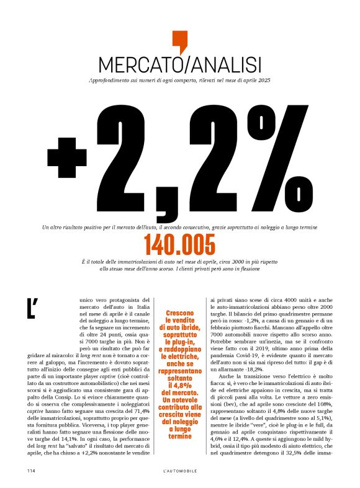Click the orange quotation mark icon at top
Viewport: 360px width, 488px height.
[x=179, y=41]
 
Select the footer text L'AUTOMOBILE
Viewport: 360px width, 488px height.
[x=179, y=471]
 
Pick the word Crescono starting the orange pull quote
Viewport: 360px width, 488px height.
[x=179, y=314]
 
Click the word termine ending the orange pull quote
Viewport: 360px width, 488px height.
[x=179, y=419]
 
